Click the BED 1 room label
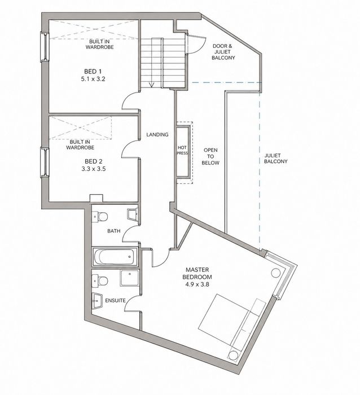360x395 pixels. [x=93, y=71]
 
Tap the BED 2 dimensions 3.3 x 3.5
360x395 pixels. [x=94, y=169]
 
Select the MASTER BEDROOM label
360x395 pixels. [x=197, y=273]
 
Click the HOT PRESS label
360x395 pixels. [x=182, y=151]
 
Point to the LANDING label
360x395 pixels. [x=157, y=134]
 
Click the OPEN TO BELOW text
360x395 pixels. [x=210, y=156]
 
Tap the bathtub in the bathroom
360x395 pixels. [x=115, y=257]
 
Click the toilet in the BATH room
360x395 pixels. [x=100, y=217]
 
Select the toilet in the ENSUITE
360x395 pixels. [x=100, y=280]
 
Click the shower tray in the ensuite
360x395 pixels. [x=129, y=278]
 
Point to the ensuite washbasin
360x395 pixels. [x=96, y=301]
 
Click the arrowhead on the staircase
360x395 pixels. [x=151, y=85]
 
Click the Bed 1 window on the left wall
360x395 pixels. [x=45, y=47]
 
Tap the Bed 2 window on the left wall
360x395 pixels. [x=45, y=163]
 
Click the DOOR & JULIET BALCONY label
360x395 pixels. [x=223, y=52]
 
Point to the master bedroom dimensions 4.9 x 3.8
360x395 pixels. [x=197, y=284]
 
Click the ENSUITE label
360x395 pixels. [x=115, y=301]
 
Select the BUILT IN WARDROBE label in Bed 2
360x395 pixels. [x=80, y=145]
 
